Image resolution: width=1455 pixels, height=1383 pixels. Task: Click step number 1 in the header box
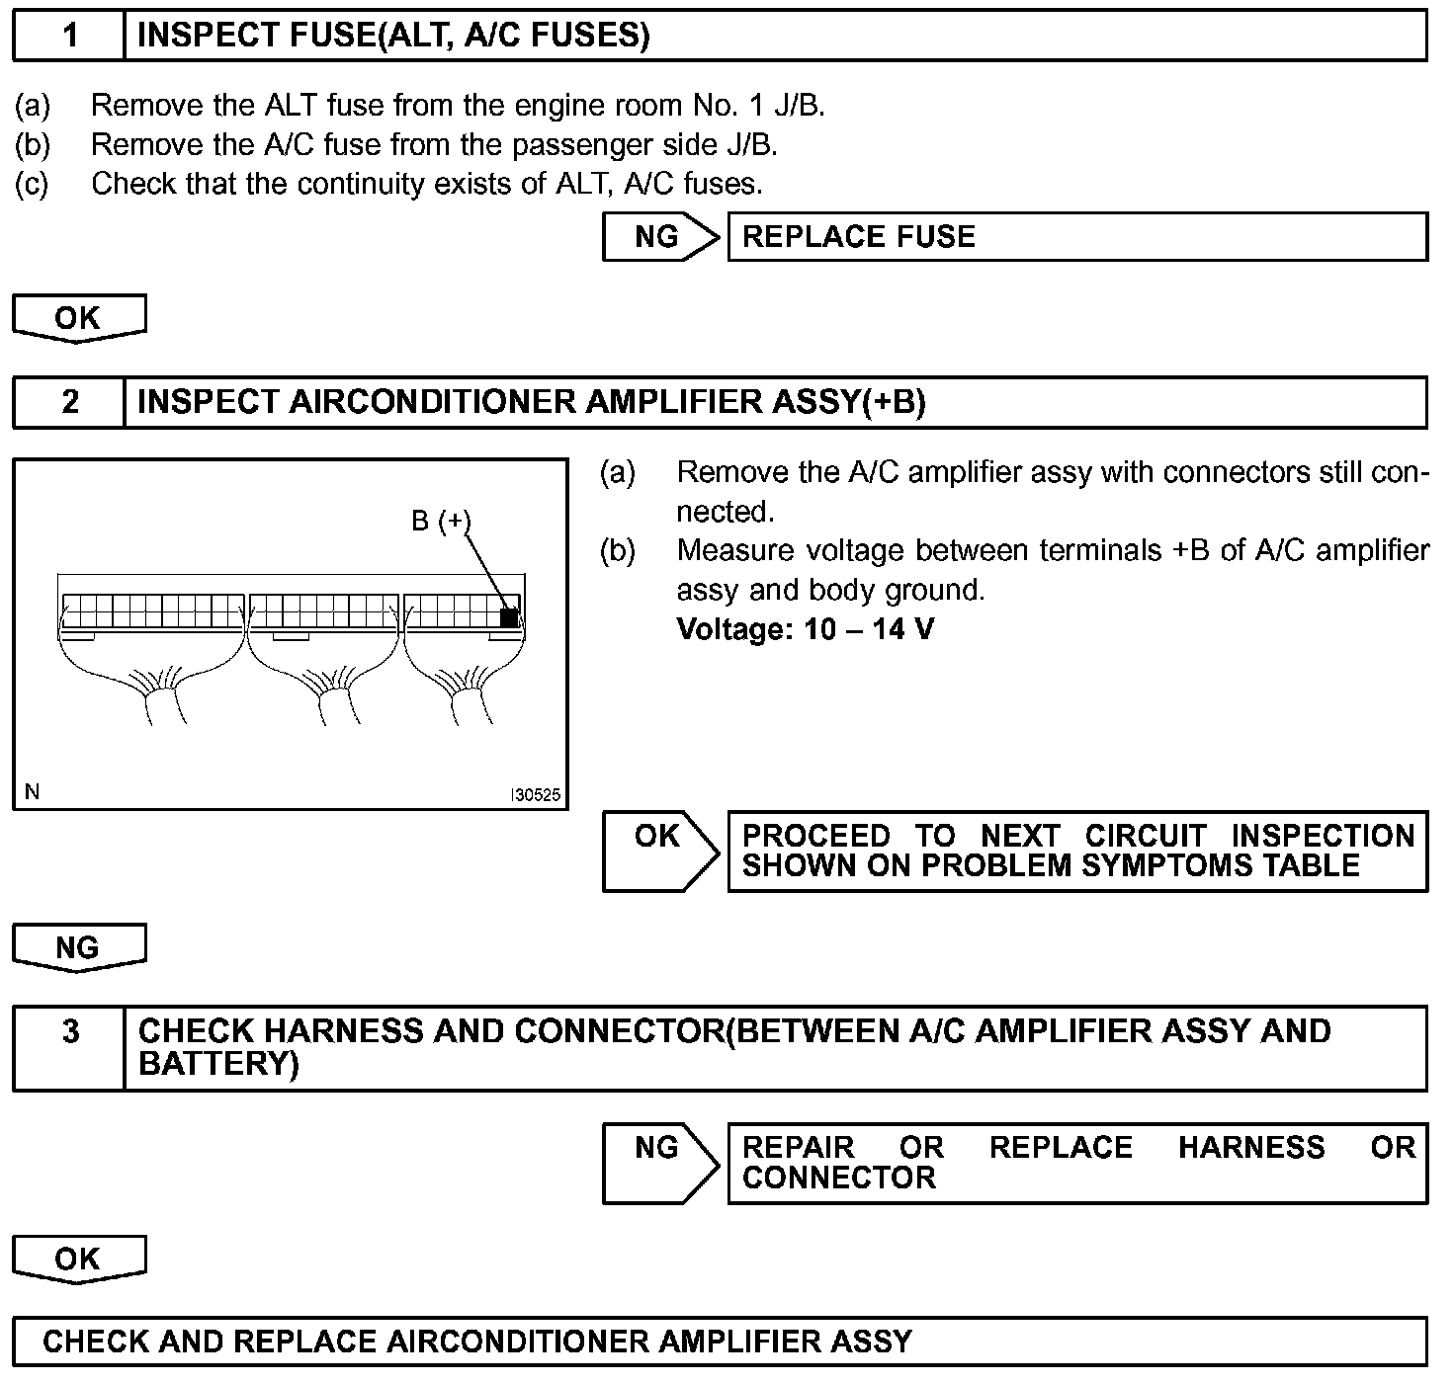[x=69, y=36]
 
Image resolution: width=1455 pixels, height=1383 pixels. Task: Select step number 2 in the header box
[x=69, y=402]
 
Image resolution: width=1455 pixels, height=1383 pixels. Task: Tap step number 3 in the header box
[x=70, y=1031]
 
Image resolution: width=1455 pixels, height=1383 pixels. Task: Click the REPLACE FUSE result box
[x=1076, y=237]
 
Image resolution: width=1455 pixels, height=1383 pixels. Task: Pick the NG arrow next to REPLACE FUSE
[x=659, y=237]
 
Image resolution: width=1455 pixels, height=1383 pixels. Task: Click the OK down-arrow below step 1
[x=78, y=318]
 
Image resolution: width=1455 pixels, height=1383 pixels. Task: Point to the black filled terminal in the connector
[x=509, y=617]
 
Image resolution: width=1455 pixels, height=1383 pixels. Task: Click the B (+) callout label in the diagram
[x=441, y=521]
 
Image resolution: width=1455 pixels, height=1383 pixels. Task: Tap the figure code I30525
[x=535, y=795]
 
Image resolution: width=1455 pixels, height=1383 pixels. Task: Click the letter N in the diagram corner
[x=32, y=792]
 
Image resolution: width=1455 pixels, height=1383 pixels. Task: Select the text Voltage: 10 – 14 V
[x=805, y=629]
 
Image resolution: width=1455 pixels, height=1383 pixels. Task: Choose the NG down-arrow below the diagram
[x=78, y=948]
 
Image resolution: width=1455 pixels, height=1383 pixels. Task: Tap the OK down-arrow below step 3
[x=78, y=1260]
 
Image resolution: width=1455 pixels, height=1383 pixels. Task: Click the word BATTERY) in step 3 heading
[x=218, y=1064]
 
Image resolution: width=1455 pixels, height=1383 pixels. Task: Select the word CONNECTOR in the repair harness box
[x=838, y=1178]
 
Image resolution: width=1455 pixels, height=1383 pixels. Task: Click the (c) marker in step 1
[x=32, y=184]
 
